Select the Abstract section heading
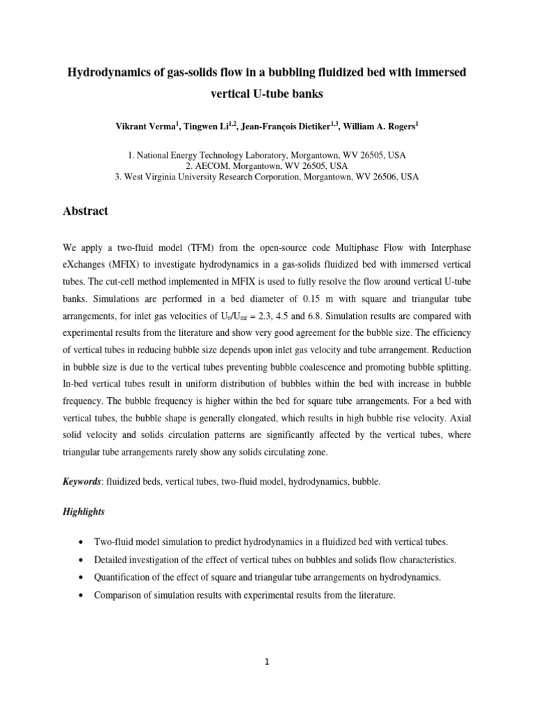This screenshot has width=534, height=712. tap(86, 211)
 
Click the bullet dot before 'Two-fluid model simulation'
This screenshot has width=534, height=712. tap(83, 542)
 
